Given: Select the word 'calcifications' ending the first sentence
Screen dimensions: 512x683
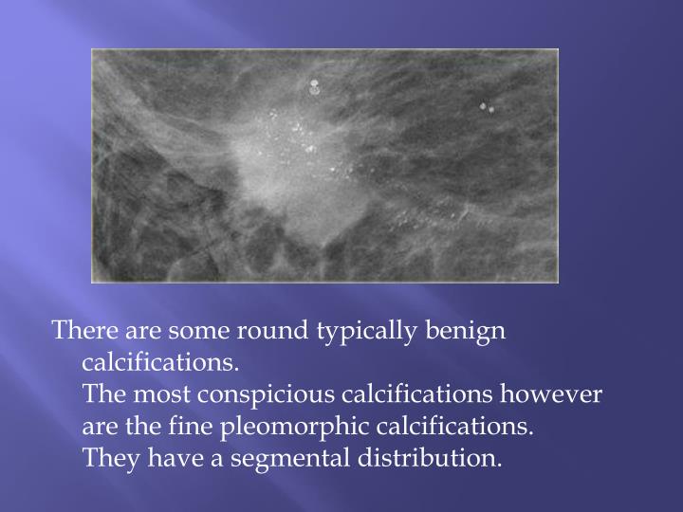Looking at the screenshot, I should coord(160,363).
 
